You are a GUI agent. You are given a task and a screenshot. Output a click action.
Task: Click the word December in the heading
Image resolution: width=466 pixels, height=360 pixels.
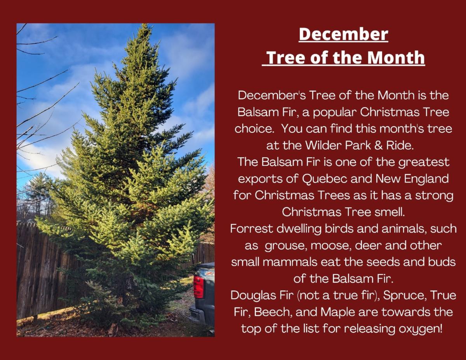(343, 34)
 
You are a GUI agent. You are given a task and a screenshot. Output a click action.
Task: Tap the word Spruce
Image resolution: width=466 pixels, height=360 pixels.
(404, 295)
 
